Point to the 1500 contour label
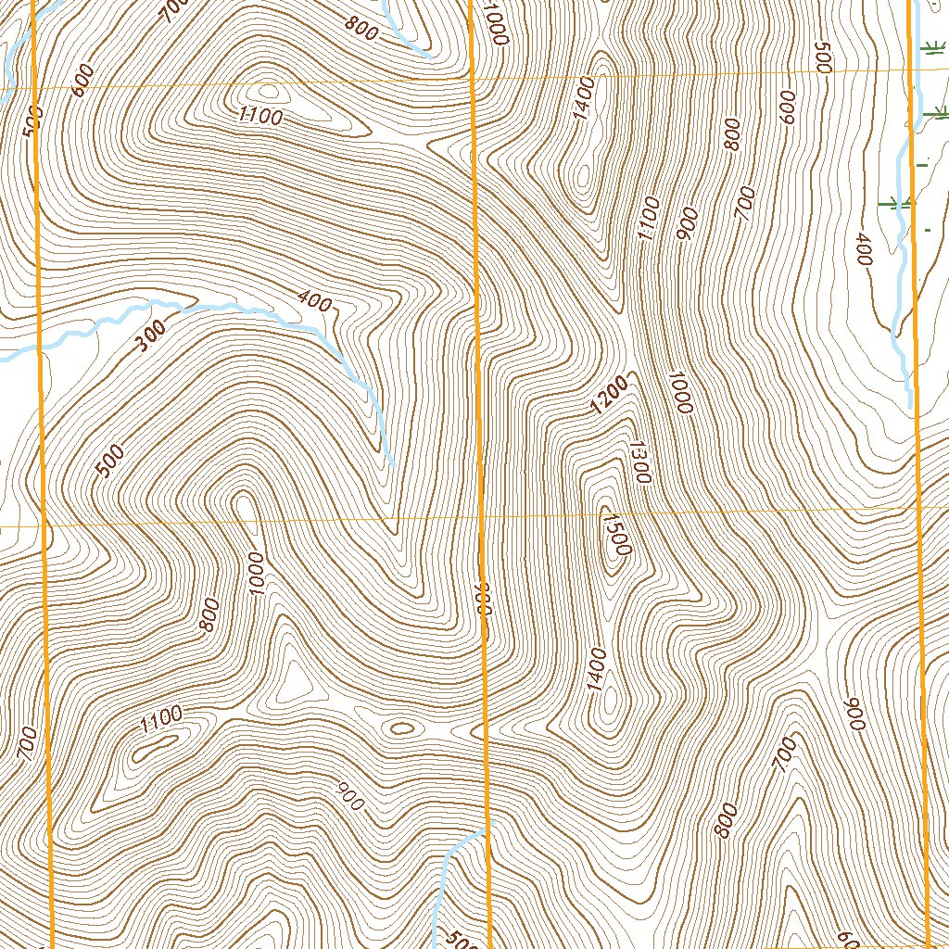(615, 536)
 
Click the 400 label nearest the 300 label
(315, 300)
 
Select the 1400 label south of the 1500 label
(596, 669)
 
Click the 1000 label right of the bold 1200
(680, 392)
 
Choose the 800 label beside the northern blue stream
(361, 29)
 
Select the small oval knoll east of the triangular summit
(401, 728)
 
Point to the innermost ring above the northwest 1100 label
(269, 92)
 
